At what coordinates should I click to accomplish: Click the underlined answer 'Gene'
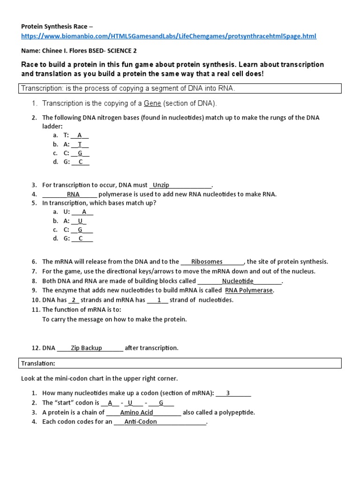point(152,103)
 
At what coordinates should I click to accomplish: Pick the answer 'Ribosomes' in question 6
point(207,262)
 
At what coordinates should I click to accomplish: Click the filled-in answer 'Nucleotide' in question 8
point(238,281)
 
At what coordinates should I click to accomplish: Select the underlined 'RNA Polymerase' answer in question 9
point(248,290)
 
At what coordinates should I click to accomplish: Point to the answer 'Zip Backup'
point(86,348)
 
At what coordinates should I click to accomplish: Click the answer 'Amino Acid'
point(136,412)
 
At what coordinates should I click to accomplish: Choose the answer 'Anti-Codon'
point(141,422)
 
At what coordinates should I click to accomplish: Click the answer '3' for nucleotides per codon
point(228,393)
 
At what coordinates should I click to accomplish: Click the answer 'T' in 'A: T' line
point(80,144)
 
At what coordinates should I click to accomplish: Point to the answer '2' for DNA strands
point(74,300)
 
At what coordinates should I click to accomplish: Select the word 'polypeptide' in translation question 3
point(238,412)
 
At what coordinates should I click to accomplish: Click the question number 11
point(36,309)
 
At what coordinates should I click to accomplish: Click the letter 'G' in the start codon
point(161,403)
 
